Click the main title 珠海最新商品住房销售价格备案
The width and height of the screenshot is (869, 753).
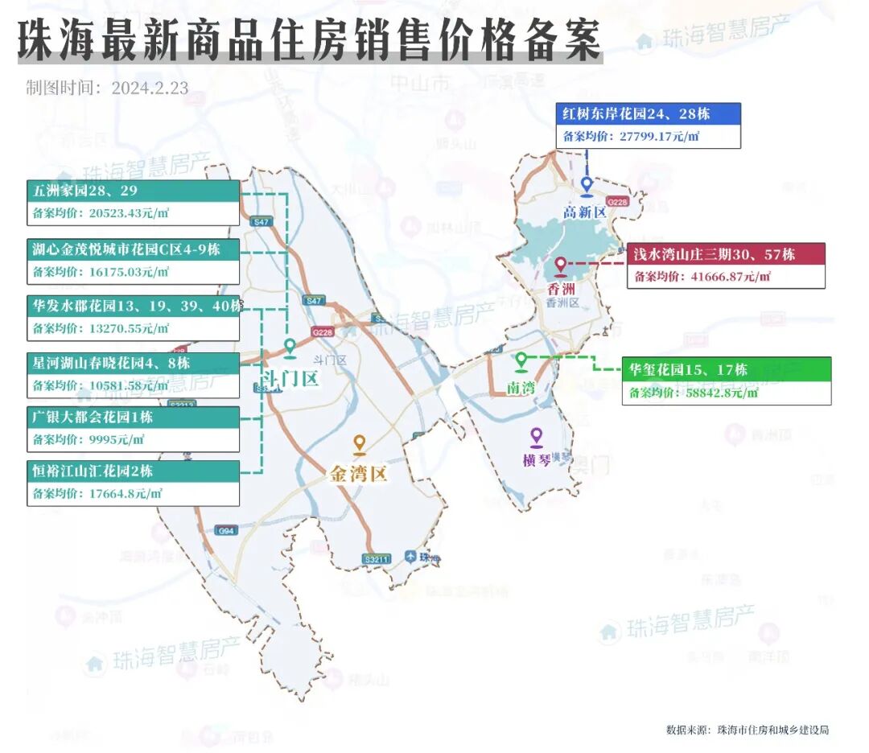310,39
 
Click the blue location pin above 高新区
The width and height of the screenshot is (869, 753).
587,187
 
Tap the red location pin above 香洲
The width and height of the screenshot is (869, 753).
561,266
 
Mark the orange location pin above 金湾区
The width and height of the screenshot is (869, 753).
360,444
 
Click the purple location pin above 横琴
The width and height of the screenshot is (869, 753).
537,437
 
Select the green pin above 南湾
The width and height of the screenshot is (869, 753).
521,361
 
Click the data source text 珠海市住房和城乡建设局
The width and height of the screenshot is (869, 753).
772,730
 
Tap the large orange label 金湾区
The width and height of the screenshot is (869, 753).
359,474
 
